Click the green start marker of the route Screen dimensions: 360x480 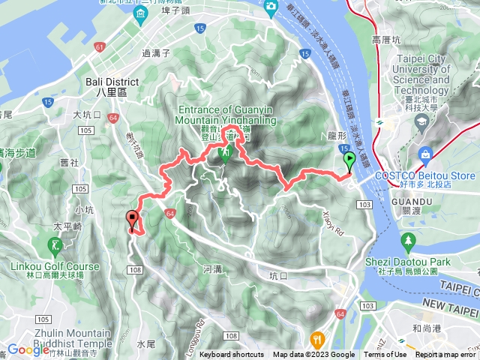point(349,160)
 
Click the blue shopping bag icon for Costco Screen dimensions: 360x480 point(426,155)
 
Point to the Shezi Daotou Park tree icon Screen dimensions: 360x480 point(408,241)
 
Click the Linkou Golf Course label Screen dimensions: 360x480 point(55,266)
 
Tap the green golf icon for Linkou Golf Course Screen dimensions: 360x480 point(55,245)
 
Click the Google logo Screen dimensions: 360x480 point(28,349)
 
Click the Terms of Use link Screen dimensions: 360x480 point(385,355)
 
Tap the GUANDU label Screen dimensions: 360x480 point(412,202)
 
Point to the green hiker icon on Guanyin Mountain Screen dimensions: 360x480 point(223,155)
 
